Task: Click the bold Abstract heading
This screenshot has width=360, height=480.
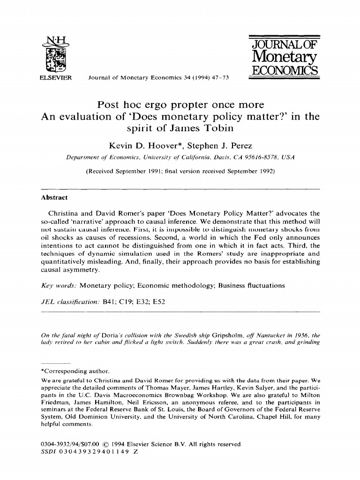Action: click(55, 197)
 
